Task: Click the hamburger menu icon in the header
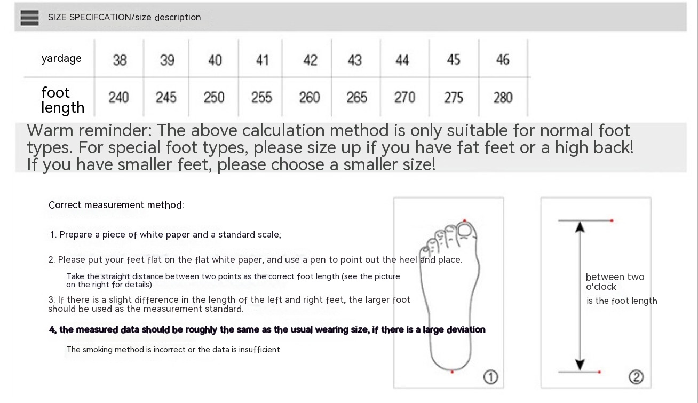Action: click(29, 18)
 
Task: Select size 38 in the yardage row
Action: click(120, 60)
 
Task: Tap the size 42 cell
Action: click(310, 60)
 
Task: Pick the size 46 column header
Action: click(503, 60)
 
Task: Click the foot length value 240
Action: click(118, 98)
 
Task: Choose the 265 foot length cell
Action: click(357, 98)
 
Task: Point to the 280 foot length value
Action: click(503, 98)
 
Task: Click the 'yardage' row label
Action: click(61, 59)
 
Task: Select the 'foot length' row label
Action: click(62, 100)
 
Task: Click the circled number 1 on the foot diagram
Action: click(491, 377)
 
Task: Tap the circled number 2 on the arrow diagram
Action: click(636, 377)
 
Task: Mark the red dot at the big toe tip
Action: click(465, 220)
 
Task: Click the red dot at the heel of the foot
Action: click(452, 372)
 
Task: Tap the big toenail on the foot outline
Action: click(465, 231)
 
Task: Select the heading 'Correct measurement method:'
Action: click(116, 205)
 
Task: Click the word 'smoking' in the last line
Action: click(98, 350)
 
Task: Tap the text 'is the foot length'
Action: click(622, 301)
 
